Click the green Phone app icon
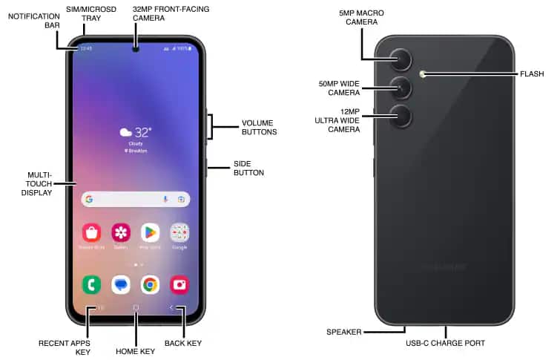(92, 284)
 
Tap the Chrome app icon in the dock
(151, 284)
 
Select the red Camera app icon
(179, 284)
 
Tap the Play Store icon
(151, 232)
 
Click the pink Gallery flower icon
(121, 232)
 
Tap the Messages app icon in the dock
(121, 284)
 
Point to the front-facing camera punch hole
(136, 50)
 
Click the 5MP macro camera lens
(401, 60)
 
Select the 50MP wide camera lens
(401, 88)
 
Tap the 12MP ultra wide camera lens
(401, 117)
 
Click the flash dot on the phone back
(422, 73)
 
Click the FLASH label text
(532, 74)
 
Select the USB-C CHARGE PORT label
(446, 343)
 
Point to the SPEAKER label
(343, 332)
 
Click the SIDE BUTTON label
(248, 168)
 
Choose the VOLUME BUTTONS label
(259, 127)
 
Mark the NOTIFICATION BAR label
(33, 21)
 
